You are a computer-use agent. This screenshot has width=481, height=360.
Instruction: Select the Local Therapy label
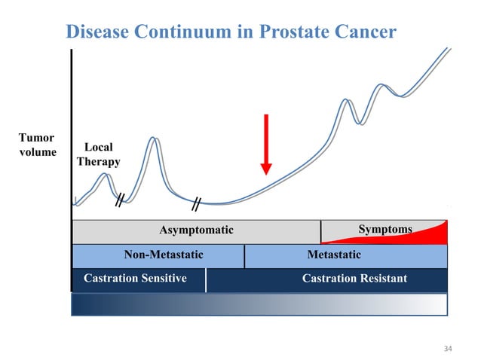click(98, 155)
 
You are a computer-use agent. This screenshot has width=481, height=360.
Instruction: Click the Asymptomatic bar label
click(196, 230)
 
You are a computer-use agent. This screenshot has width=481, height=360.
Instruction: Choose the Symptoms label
click(386, 229)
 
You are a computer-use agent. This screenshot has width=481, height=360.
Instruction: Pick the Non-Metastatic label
click(163, 255)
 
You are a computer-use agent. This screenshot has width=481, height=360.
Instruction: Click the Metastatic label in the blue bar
click(333, 255)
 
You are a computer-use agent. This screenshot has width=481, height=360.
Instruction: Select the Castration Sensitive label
click(135, 279)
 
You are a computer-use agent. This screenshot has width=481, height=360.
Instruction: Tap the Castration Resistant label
click(354, 279)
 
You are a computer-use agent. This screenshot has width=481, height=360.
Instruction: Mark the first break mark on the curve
click(119, 200)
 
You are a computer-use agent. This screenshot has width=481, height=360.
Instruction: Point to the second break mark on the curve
click(195, 203)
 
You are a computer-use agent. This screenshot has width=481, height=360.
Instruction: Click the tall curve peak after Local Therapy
click(153, 139)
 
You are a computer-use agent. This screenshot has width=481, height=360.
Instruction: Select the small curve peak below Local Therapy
click(106, 175)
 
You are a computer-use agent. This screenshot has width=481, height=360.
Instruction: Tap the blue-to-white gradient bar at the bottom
click(259, 304)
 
